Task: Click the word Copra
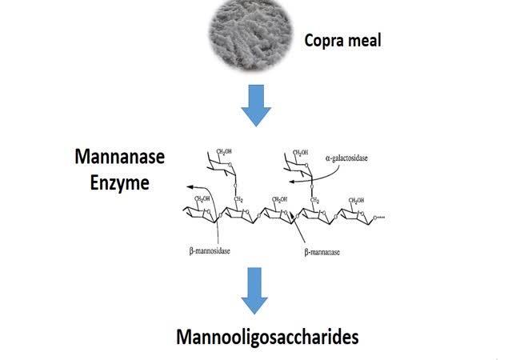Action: pos(323,39)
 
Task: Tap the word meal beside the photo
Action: pos(364,39)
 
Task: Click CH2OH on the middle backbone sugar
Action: pos(279,199)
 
